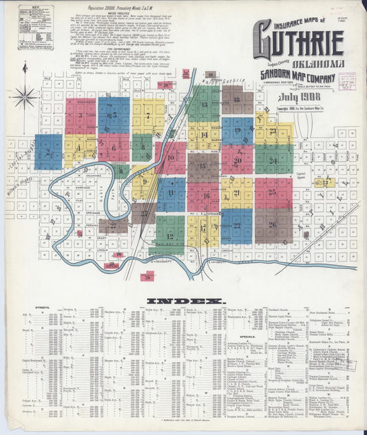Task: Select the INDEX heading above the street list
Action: point(185,301)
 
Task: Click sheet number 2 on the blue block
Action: point(48,152)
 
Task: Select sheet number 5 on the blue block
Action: point(114,115)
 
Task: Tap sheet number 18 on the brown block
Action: point(235,99)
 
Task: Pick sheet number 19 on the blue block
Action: point(237,130)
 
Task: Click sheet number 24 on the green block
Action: point(273,160)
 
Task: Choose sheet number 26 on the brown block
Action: point(273,224)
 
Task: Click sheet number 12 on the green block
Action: point(169,236)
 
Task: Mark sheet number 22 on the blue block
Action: point(237,225)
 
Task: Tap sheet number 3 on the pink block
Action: point(80,116)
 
